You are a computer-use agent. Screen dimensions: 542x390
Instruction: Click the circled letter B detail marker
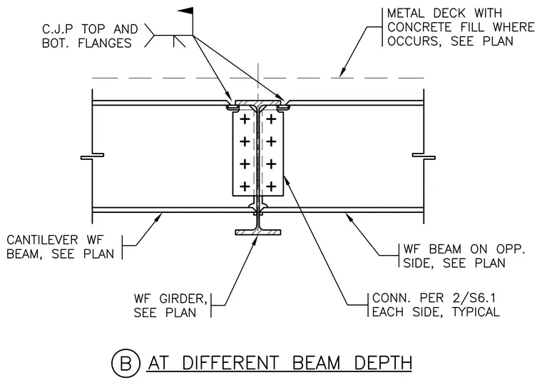tap(126, 364)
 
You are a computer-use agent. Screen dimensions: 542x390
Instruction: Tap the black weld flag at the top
tap(185, 11)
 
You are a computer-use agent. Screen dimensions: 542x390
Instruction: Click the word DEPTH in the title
tap(384, 363)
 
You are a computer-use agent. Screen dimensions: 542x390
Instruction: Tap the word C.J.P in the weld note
tap(58, 29)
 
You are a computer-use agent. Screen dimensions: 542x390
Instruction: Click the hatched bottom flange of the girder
tap(258, 232)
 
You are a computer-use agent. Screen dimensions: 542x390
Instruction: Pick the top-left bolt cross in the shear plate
tap(245, 119)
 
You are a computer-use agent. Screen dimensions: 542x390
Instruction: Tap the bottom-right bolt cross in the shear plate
tap(271, 186)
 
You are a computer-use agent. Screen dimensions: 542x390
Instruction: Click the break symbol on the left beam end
tap(92, 156)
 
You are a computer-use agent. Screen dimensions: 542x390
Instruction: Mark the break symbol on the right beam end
tap(424, 156)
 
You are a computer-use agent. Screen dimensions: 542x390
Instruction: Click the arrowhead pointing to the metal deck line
tap(342, 72)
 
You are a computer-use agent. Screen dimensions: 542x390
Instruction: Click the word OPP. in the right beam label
tap(511, 249)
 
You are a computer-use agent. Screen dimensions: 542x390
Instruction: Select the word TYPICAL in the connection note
tap(476, 312)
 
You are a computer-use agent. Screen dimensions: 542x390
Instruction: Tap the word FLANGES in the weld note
tap(105, 44)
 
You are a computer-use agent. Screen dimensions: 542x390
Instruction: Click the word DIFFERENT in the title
tap(230, 363)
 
